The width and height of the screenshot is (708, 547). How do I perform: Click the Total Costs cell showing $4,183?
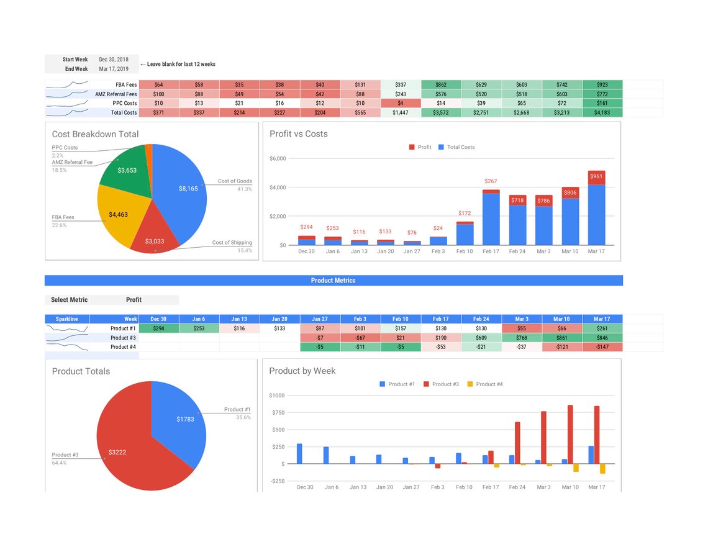point(602,113)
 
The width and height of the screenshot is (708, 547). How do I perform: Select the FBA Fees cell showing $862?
point(440,85)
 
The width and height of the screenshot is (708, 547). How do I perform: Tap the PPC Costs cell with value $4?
point(400,103)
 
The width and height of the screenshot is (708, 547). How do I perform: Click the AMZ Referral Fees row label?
point(116,94)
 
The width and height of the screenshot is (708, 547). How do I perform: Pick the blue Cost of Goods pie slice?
point(183,192)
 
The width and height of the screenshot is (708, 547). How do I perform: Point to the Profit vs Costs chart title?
point(299,134)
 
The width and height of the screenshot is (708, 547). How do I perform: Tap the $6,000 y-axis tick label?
point(278,159)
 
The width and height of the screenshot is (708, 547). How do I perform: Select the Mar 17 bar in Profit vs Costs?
point(596,211)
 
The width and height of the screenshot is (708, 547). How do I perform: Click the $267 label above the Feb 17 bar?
point(491,181)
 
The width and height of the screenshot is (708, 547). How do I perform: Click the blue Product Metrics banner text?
point(333,281)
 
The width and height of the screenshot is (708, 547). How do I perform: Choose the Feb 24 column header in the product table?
point(481,319)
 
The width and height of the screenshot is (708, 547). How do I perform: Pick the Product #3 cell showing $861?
point(561,338)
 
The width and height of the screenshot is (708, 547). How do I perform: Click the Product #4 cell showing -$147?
point(602,347)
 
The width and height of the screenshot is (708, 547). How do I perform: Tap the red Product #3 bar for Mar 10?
point(570,435)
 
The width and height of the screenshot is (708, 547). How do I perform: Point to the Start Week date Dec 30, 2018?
point(114,60)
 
